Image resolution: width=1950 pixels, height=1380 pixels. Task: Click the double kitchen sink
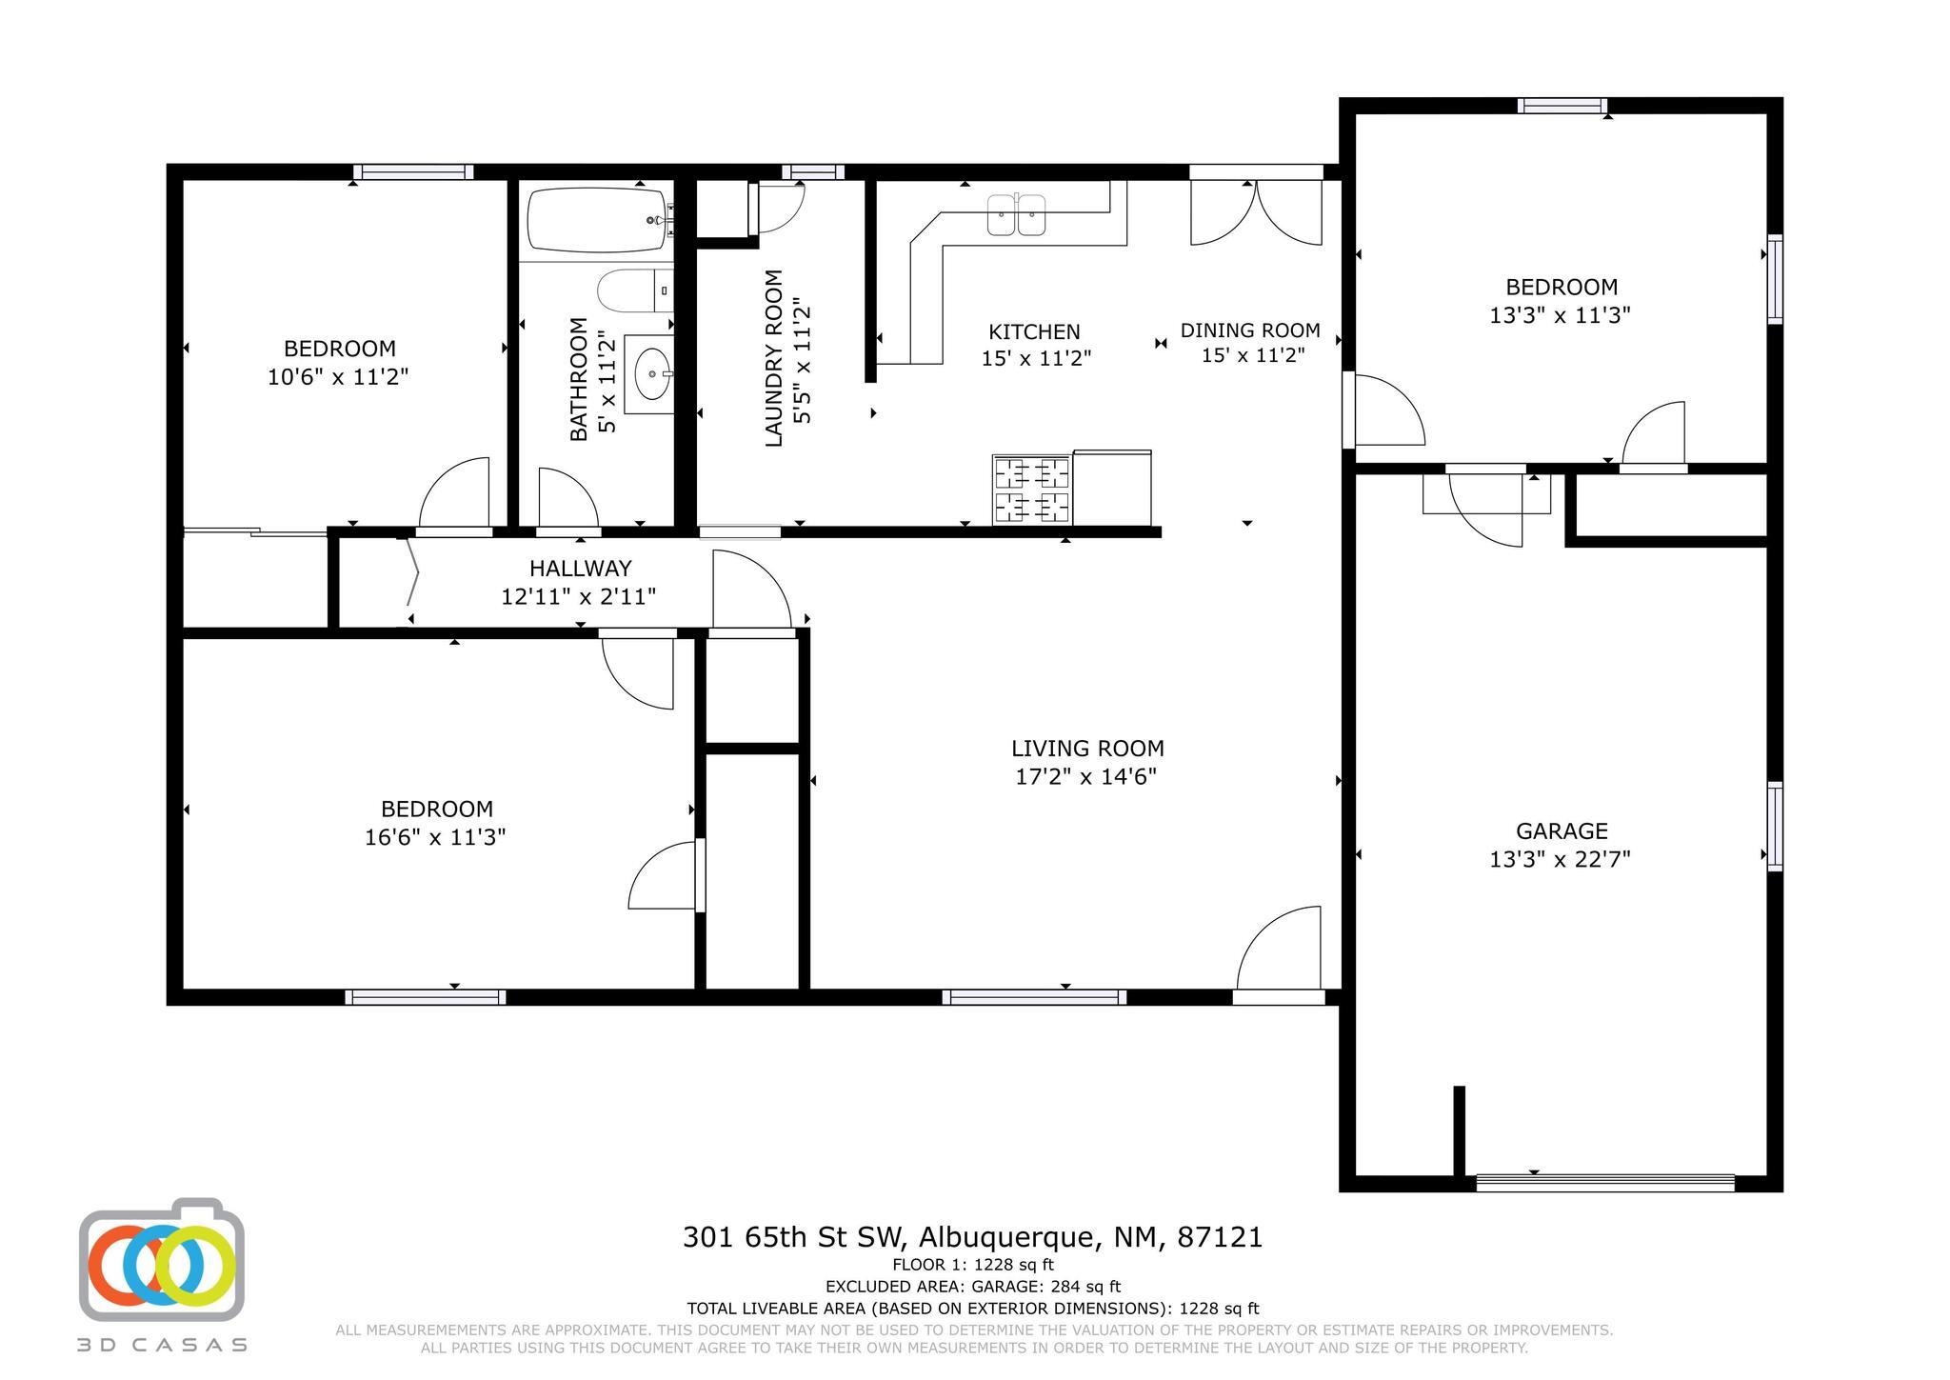[x=1017, y=214]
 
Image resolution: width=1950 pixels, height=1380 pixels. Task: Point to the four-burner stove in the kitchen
[x=1031, y=490]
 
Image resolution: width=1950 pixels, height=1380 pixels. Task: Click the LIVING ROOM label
[x=1087, y=749]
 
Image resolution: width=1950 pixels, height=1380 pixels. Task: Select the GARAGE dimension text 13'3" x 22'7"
[x=1560, y=859]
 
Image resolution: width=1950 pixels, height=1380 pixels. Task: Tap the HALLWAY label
[x=580, y=569]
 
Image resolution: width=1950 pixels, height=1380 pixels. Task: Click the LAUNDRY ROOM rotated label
[x=773, y=358]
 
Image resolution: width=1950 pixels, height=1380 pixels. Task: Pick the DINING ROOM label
[x=1250, y=330]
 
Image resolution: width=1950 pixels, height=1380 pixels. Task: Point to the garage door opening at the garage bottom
[x=1605, y=1183]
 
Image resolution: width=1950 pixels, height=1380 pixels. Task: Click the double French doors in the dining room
[x=1256, y=211]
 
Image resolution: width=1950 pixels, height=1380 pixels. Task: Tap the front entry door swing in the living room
[x=1279, y=948]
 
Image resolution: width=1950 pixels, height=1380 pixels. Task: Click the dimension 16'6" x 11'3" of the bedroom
[x=435, y=837]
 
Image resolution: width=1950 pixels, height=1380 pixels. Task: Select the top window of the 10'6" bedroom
[x=413, y=172]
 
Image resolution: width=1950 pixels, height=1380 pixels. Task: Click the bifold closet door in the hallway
[x=411, y=571]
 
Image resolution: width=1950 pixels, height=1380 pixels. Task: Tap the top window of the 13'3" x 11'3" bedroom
[x=1562, y=106]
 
